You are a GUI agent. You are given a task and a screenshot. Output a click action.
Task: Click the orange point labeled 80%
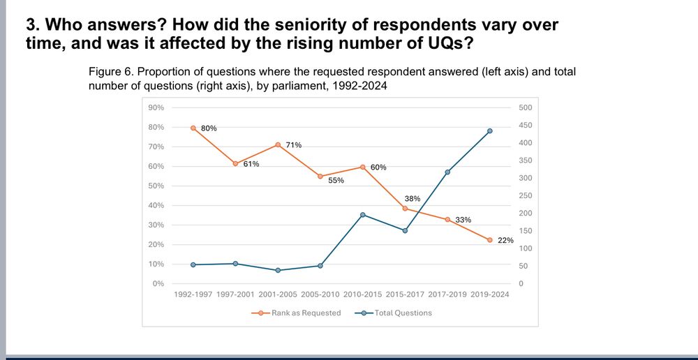pos(193,128)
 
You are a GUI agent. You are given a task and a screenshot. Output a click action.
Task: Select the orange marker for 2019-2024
pos(490,240)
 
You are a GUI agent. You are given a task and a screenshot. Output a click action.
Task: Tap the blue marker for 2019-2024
pos(490,131)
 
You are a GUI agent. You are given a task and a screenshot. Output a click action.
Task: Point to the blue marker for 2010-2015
pos(363,215)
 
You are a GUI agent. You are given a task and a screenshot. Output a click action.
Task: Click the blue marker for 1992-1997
pos(193,264)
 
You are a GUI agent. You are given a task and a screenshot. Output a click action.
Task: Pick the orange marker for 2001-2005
pos(278,145)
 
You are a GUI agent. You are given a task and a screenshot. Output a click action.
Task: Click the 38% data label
pos(412,199)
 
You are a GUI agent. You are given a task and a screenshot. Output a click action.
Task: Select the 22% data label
pos(505,240)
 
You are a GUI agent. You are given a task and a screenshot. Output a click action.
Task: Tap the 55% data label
pos(336,181)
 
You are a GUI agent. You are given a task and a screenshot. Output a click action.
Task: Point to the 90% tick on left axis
pos(155,107)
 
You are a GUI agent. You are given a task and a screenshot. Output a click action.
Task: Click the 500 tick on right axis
pos(526,107)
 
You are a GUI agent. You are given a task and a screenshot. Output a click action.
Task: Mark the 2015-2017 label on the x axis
pos(404,294)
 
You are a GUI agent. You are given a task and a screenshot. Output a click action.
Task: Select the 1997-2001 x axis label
pos(235,294)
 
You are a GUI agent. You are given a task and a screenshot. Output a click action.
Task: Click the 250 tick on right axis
pos(526,196)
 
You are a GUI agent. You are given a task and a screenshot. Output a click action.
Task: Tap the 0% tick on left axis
pos(158,284)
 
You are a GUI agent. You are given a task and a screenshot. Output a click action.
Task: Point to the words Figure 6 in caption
pos(110,73)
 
